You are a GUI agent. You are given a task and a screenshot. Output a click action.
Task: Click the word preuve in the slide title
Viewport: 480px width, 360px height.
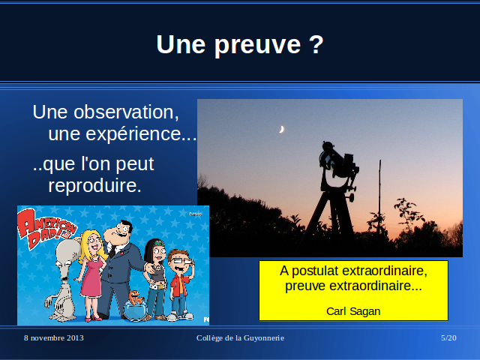coord(258,45)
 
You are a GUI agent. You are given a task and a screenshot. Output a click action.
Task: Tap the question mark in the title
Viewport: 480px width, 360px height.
coord(316,44)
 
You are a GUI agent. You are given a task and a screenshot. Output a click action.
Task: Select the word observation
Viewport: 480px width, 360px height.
coord(126,112)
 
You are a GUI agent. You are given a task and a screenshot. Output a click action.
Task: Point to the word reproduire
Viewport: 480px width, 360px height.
coord(94,185)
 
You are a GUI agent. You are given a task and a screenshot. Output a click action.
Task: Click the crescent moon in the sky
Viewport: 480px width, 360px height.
coord(282,129)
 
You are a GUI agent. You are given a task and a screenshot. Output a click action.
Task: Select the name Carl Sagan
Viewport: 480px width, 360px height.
coord(353,311)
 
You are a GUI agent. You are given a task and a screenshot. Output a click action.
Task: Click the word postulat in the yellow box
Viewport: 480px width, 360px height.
coord(315,271)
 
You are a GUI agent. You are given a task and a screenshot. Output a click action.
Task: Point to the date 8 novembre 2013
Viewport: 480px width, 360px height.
coord(54,338)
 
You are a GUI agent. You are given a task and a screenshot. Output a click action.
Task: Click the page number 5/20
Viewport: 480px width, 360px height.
coord(448,338)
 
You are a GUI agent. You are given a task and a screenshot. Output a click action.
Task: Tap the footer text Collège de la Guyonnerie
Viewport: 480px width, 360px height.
coord(240,338)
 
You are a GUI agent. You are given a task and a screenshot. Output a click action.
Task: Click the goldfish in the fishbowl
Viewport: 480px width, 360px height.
coord(136,297)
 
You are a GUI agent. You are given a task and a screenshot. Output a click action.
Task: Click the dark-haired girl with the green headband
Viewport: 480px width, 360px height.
coord(156,278)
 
